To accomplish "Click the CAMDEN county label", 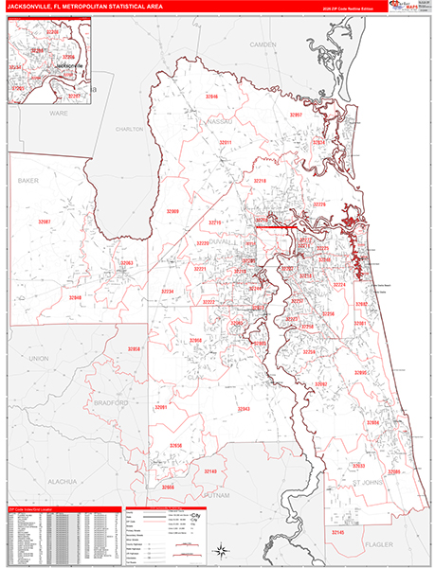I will pyautogui.click(x=262, y=44).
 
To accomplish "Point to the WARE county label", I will pyautogui.click(x=59, y=112).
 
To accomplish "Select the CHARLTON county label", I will pyautogui.click(x=129, y=128).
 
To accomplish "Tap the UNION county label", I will pyautogui.click(x=38, y=360).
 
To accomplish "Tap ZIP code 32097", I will pyautogui.click(x=296, y=114).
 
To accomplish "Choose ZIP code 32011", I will pyautogui.click(x=226, y=142).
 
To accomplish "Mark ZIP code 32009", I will pyautogui.click(x=172, y=211).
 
